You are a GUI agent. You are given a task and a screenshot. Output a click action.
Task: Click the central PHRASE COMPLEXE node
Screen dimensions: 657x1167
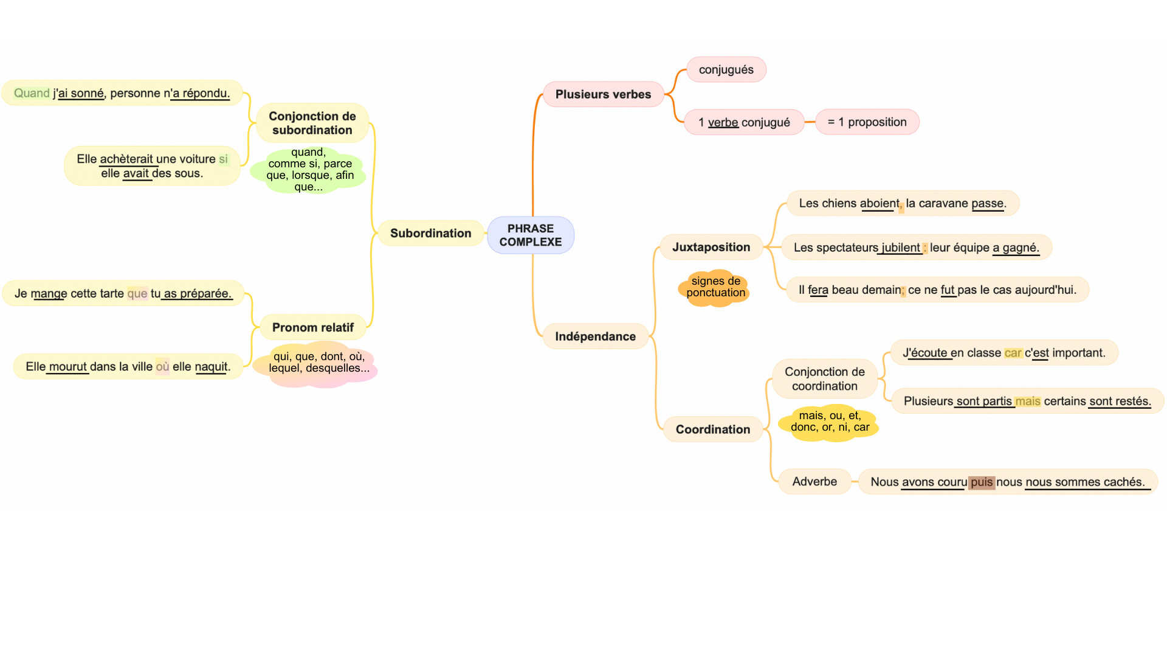click(x=530, y=235)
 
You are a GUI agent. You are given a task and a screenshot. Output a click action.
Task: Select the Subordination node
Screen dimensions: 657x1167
click(x=430, y=234)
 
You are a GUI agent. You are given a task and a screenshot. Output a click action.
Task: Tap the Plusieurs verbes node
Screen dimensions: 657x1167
click(x=603, y=94)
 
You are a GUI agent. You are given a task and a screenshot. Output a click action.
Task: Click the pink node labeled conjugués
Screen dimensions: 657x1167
click(x=726, y=70)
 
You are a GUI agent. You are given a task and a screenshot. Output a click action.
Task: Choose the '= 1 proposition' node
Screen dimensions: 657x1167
click(x=867, y=122)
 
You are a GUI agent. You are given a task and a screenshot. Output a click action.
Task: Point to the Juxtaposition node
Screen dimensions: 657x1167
click(x=711, y=248)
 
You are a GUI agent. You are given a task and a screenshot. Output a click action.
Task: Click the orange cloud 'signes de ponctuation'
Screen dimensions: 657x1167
click(x=715, y=287)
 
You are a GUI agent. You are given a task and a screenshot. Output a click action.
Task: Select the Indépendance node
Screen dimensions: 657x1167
click(x=595, y=336)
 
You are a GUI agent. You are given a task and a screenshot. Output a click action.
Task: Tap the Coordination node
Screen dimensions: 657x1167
click(x=712, y=429)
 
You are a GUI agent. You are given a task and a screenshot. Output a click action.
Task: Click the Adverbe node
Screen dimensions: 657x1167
click(x=814, y=482)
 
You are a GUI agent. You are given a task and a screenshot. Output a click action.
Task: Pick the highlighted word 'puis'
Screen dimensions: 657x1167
click(x=981, y=482)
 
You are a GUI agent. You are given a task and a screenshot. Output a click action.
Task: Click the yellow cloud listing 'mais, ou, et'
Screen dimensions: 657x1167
click(x=830, y=422)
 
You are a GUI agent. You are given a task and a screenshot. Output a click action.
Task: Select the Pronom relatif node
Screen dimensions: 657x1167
click(x=312, y=328)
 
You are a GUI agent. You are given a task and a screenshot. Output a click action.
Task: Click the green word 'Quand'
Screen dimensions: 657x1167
click(x=32, y=93)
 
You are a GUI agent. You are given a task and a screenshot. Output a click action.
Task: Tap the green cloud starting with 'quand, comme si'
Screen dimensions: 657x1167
click(x=309, y=170)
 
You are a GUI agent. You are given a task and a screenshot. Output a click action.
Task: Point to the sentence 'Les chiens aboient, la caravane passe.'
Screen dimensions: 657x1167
click(x=902, y=204)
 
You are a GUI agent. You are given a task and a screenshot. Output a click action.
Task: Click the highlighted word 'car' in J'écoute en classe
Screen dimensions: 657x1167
click(x=1013, y=353)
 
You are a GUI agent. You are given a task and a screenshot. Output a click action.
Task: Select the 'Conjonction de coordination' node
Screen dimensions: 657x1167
click(x=824, y=379)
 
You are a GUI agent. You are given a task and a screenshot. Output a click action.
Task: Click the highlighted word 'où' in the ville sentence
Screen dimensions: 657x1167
click(x=162, y=367)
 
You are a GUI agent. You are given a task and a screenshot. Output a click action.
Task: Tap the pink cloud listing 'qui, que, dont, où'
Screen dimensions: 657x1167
click(x=318, y=363)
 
